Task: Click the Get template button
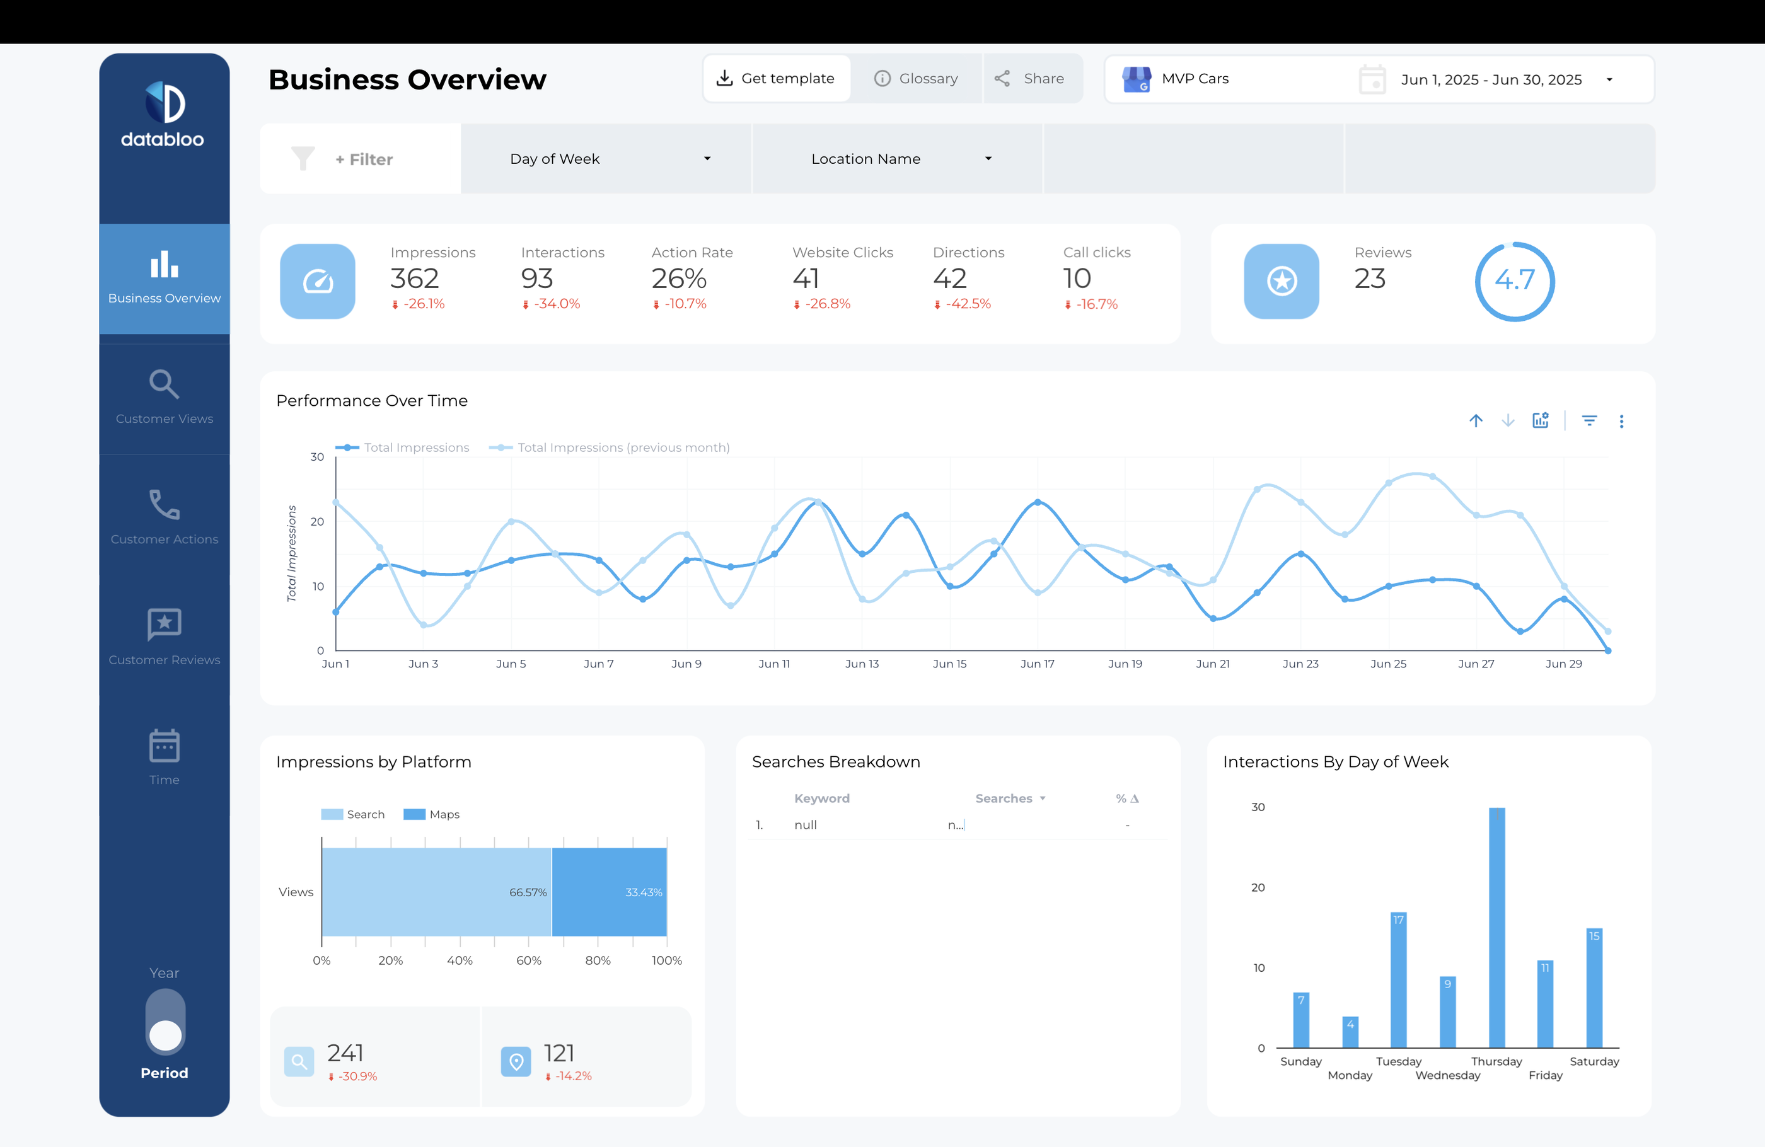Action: (777, 79)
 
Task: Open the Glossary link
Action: (917, 79)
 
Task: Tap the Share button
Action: (1030, 79)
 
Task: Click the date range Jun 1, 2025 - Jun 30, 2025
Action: (1491, 79)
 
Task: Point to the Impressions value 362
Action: (415, 279)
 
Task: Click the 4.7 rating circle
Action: (1513, 281)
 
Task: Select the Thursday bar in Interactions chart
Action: (1496, 927)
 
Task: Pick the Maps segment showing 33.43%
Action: (609, 892)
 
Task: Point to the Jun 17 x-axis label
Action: (1037, 664)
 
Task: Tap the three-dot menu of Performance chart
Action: (1621, 421)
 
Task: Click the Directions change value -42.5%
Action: (968, 304)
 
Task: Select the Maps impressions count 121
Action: (559, 1053)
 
